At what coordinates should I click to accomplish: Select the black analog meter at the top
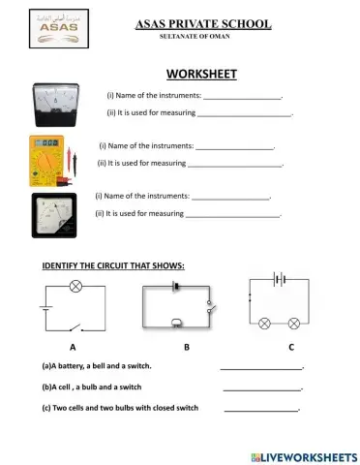(x=55, y=102)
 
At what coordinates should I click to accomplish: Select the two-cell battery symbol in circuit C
(x=282, y=278)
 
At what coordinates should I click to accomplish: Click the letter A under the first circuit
(x=73, y=346)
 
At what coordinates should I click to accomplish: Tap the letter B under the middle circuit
(x=186, y=346)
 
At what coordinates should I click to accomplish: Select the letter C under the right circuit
(x=291, y=346)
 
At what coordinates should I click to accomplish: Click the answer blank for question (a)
(x=261, y=367)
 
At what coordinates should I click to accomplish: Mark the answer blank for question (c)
(x=261, y=409)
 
